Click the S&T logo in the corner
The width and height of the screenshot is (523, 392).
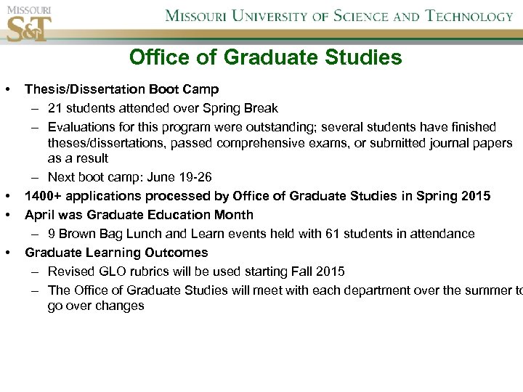(x=28, y=28)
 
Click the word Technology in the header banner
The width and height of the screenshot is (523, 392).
(x=469, y=16)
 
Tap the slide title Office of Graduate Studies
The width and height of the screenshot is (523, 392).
(x=265, y=57)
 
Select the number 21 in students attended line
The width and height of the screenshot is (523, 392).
(x=55, y=108)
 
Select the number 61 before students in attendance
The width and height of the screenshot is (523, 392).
(x=341, y=234)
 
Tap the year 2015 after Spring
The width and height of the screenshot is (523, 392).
(x=475, y=196)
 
